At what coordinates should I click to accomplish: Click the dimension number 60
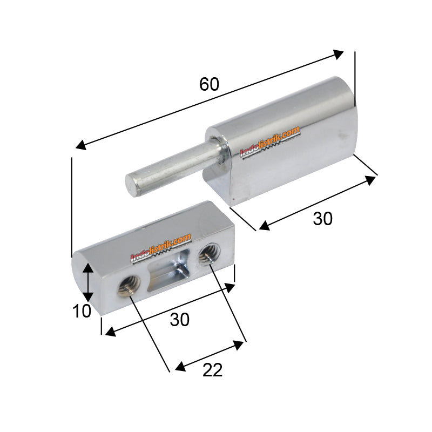pos(209,84)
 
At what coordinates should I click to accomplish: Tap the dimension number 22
pos(213,370)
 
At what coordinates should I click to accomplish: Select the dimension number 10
pos(82,312)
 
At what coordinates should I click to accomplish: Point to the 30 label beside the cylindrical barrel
pos(323,218)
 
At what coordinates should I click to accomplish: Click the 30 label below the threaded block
pos(180,320)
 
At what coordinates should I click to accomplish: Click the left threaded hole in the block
pos(129,284)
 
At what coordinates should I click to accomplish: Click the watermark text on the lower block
pos(161,248)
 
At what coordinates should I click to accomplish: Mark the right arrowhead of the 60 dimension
pos(339,53)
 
